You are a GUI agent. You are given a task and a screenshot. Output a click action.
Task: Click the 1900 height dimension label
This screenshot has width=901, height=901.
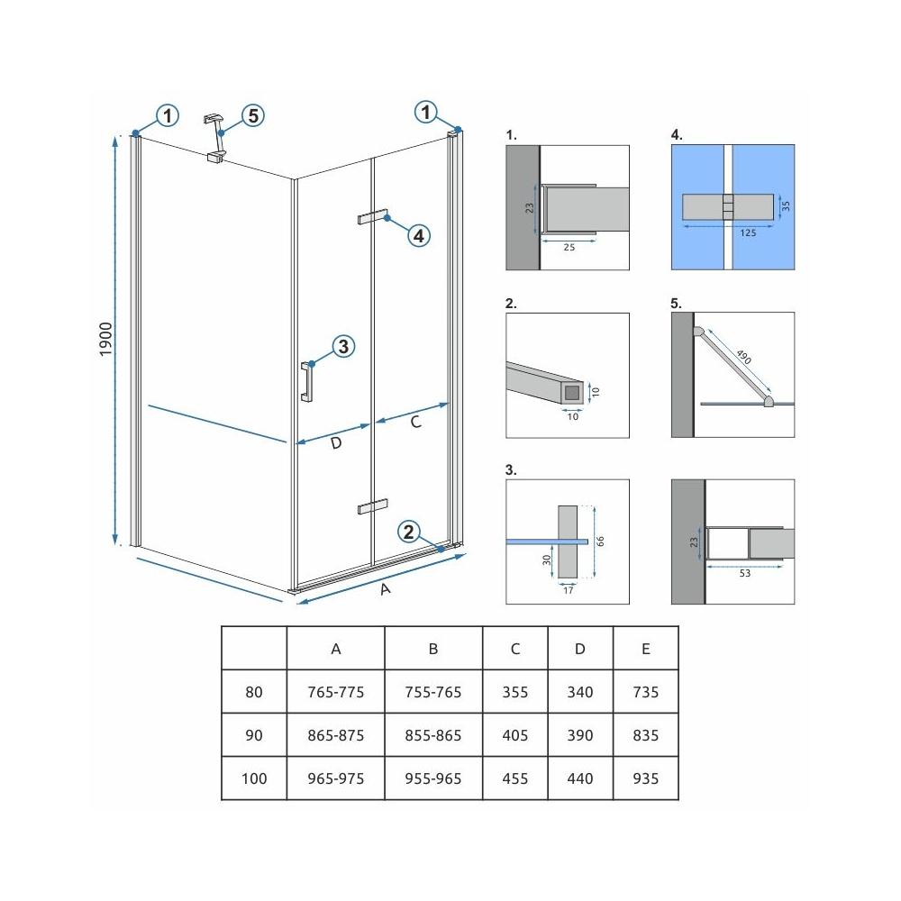pos(105,341)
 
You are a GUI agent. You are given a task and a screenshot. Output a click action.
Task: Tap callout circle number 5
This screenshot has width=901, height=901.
pos(253,115)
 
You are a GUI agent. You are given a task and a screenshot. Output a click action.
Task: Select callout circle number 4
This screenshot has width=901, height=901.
pos(417,236)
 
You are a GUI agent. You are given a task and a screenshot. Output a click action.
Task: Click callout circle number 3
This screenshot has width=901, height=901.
pos(342,346)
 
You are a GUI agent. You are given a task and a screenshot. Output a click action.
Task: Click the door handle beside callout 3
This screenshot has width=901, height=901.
pos(306,381)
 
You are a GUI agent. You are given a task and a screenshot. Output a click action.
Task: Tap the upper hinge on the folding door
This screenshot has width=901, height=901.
pos(371,218)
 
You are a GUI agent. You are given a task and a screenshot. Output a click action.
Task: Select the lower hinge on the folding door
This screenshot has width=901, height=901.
pos(371,505)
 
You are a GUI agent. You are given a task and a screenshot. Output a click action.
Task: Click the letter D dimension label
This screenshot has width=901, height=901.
pos(335,443)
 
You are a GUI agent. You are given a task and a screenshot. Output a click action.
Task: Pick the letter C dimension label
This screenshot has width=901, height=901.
pos(415,422)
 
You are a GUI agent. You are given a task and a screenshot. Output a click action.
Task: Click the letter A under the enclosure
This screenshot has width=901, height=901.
pos(386,589)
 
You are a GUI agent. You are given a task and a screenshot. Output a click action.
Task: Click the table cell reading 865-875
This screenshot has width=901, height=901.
pos(335,735)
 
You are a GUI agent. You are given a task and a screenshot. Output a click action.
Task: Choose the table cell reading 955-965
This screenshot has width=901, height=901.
pos(432,778)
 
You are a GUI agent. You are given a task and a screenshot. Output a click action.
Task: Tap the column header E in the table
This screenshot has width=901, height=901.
pos(645,649)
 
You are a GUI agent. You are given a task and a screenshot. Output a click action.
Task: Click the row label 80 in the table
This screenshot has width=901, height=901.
pos(254,692)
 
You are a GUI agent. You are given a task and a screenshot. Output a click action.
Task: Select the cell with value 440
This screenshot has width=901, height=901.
pos(580,778)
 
